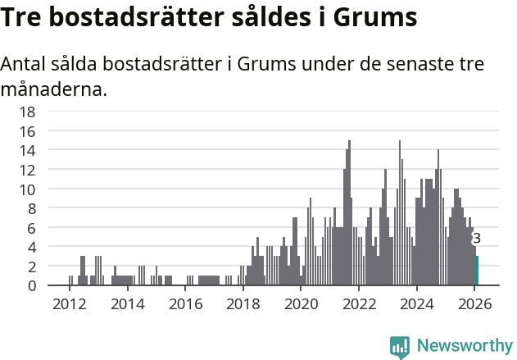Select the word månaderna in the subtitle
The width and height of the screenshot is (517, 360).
[53, 88]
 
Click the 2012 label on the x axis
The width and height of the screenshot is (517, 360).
[69, 303]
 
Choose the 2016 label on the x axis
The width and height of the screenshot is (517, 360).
[185, 303]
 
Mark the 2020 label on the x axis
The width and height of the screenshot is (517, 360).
[301, 303]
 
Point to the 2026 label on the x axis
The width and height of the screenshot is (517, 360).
[474, 303]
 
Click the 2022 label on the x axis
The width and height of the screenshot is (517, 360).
[359, 303]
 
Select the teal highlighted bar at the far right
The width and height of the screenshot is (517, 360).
[477, 271]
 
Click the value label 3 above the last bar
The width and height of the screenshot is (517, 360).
[477, 239]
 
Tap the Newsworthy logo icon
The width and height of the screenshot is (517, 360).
[400, 346]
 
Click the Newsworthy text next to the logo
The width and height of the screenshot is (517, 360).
[464, 346]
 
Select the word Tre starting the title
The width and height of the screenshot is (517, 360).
[22, 17]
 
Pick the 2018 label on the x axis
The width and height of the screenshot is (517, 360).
[243, 303]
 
